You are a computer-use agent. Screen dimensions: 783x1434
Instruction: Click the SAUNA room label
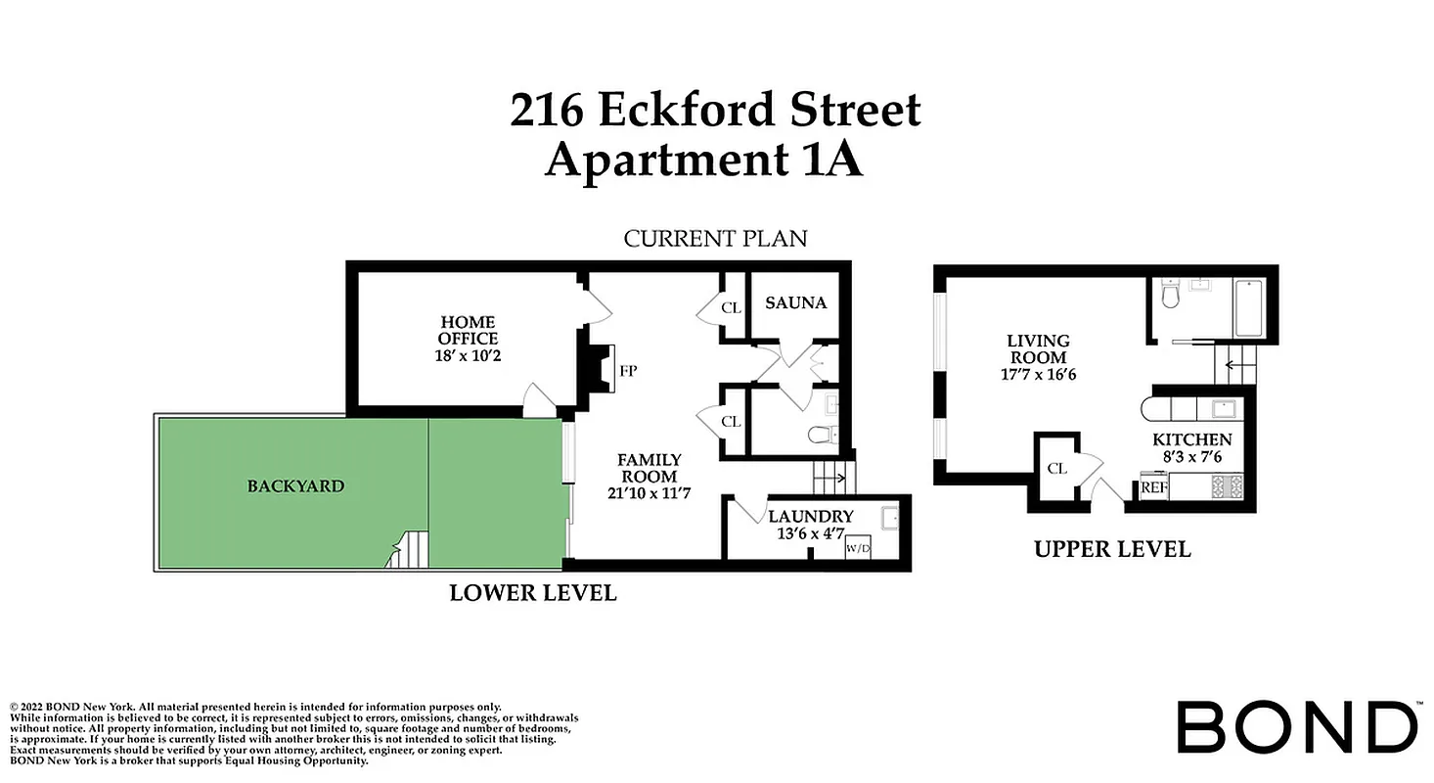click(x=795, y=302)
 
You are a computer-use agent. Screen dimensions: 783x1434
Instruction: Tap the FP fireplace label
click(x=629, y=371)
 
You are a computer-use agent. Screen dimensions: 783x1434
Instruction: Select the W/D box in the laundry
click(x=858, y=548)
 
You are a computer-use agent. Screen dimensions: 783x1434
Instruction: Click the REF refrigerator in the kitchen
click(x=1154, y=486)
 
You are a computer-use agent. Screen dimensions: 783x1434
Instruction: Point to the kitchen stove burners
click(x=1227, y=486)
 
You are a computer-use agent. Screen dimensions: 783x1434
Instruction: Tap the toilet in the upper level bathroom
click(x=1170, y=295)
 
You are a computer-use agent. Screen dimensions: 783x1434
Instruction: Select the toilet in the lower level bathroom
click(x=820, y=435)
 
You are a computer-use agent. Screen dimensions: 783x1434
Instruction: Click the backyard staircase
click(x=409, y=550)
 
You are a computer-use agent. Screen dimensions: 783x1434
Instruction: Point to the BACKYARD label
click(x=295, y=485)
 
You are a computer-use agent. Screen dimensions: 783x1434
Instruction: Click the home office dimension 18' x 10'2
click(x=469, y=355)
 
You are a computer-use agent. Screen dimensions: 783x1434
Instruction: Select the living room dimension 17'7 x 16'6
click(x=1038, y=374)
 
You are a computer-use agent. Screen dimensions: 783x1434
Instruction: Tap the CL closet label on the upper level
click(x=1056, y=468)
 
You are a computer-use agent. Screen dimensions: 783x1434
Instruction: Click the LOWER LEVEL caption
click(x=533, y=592)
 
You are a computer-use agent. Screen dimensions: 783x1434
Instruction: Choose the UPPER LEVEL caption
click(x=1112, y=549)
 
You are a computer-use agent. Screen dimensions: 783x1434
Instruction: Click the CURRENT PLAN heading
click(x=716, y=238)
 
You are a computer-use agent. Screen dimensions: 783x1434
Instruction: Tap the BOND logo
click(x=1296, y=727)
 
